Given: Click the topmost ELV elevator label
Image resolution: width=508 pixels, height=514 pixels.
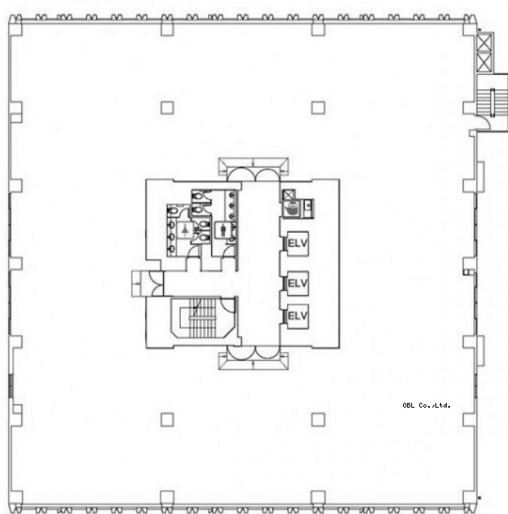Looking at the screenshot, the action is [298, 243].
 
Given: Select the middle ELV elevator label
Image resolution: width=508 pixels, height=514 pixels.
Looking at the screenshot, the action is [298, 283].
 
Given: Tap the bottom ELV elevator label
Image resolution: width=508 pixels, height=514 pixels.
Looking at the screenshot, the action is [298, 316].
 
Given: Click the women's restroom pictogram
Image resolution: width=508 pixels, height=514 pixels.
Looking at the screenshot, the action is [185, 230].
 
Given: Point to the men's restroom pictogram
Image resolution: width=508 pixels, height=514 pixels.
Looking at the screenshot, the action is [223, 230].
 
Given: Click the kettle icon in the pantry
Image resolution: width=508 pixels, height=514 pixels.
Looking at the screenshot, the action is [292, 209].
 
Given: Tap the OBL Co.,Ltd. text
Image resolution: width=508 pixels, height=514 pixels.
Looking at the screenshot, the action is [427, 405].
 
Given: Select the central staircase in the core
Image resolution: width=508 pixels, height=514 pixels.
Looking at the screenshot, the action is [203, 317].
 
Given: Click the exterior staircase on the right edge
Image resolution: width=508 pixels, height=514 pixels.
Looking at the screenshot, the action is [492, 102].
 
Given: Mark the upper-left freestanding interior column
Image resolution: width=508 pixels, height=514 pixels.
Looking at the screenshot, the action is [167, 108].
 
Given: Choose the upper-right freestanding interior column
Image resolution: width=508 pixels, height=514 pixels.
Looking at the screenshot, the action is [318, 108].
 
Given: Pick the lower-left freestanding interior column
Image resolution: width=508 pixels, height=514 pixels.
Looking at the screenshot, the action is [167, 420].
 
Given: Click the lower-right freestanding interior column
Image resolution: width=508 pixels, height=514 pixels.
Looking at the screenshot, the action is [318, 420].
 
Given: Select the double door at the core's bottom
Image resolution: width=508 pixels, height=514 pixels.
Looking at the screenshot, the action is [254, 357].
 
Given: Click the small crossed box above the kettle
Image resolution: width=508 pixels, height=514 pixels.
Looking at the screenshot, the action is [289, 196].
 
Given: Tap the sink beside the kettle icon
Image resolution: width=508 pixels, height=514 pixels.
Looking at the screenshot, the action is [308, 208].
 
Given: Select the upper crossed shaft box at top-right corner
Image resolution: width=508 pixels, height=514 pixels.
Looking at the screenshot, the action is [485, 43].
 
